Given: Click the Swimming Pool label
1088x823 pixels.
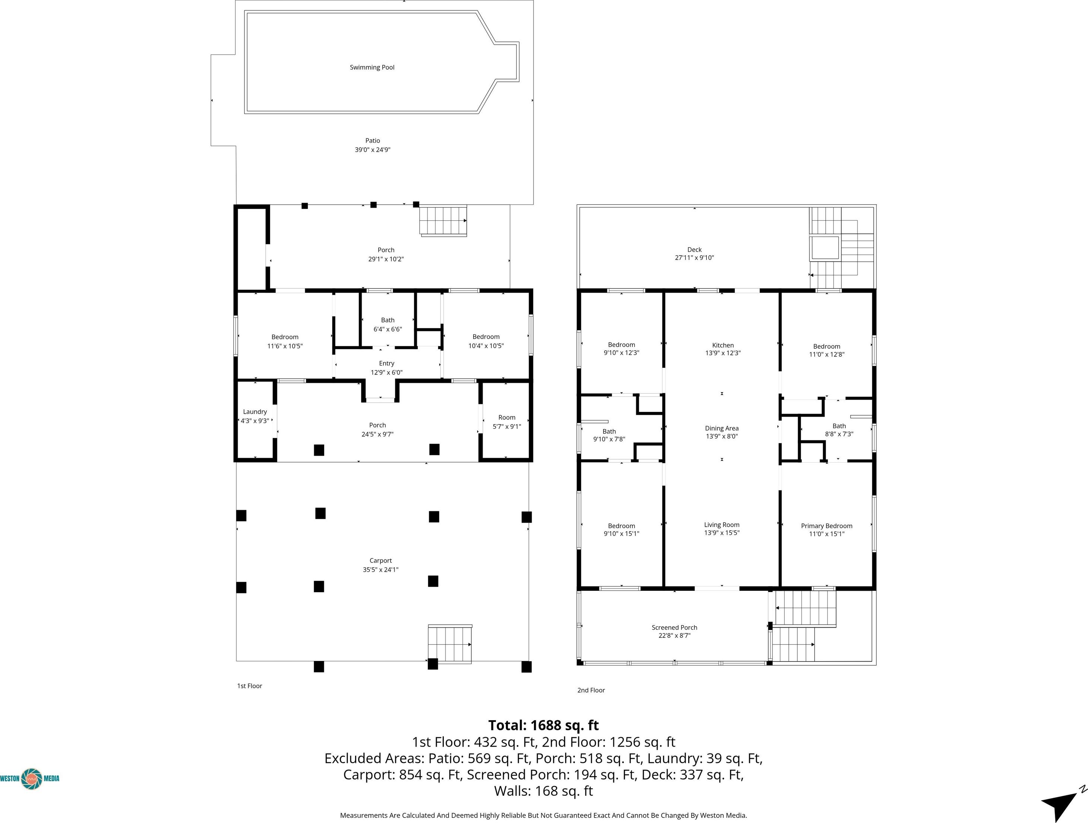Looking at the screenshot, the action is click(372, 67).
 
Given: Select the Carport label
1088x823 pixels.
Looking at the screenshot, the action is click(381, 560).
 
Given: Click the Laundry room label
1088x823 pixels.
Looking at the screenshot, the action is click(255, 412).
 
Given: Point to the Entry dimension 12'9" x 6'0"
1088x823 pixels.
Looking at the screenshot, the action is click(387, 372).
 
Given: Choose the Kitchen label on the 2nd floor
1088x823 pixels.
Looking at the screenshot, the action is click(723, 345).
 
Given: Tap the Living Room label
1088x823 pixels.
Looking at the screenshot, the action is click(722, 525).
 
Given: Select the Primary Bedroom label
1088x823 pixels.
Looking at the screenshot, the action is click(826, 526).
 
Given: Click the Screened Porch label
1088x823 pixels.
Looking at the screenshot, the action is click(674, 627).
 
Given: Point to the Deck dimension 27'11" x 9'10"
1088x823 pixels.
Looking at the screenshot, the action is click(694, 257).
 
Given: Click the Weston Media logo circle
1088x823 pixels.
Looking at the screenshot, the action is click(32, 778).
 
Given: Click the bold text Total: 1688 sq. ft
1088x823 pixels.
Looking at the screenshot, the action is click(544, 725).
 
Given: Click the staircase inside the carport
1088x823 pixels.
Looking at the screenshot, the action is click(450, 644).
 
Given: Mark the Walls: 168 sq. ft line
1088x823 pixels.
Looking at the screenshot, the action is click(544, 791).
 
